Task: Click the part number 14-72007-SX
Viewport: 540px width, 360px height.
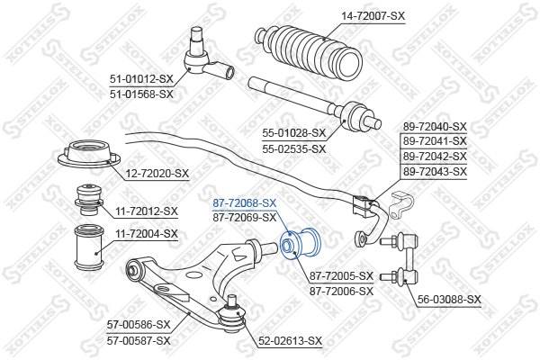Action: click(x=373, y=16)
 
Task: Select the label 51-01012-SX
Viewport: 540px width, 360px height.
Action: click(x=141, y=79)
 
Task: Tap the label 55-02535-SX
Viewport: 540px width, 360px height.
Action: click(x=293, y=149)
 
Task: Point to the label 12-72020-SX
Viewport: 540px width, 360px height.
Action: click(x=157, y=174)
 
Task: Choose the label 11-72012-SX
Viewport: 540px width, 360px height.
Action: click(x=147, y=211)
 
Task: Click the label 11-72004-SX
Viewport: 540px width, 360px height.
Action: click(x=147, y=234)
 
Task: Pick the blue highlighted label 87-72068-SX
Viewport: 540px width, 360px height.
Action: click(x=245, y=203)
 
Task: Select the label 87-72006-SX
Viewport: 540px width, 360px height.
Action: click(x=341, y=292)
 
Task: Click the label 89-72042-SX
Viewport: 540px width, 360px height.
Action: click(x=435, y=157)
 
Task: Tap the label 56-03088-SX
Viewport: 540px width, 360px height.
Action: click(x=449, y=300)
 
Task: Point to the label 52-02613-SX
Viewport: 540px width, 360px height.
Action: click(x=291, y=341)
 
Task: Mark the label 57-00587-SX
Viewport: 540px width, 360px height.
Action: click(x=139, y=341)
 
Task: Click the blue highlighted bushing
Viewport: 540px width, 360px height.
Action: click(x=301, y=244)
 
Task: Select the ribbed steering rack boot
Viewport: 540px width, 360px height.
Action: click(x=308, y=50)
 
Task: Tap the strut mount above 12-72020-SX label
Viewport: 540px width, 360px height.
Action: click(x=89, y=155)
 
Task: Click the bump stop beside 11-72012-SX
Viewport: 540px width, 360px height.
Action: click(x=89, y=200)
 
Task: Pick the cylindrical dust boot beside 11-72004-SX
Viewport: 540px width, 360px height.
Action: click(x=89, y=247)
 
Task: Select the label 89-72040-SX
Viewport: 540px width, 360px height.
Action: click(x=435, y=127)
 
